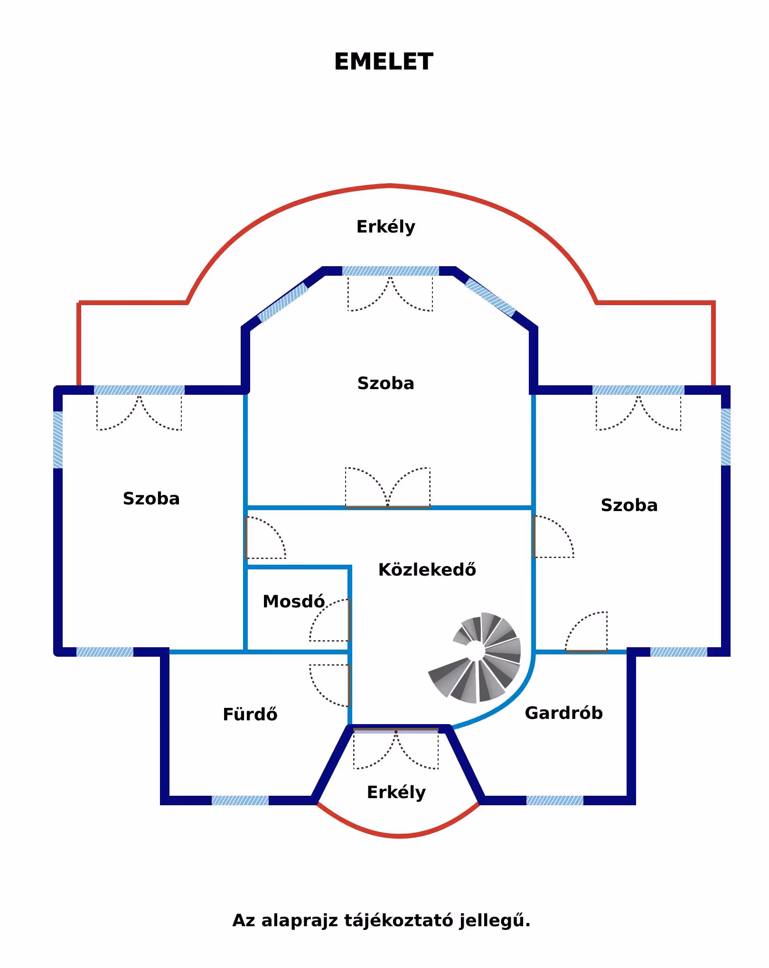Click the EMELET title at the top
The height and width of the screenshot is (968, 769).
tap(384, 62)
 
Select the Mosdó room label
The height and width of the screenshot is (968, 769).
tap(293, 601)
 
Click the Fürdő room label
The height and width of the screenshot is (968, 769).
tap(250, 714)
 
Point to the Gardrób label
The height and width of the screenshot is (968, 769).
tap(563, 713)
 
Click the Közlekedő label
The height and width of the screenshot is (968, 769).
tap(427, 569)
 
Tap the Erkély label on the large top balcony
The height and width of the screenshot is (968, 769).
tap(385, 226)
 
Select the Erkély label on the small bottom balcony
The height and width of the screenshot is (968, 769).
tap(396, 792)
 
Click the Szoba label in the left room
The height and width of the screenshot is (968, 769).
tap(151, 498)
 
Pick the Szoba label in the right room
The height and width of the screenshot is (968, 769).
tap(629, 505)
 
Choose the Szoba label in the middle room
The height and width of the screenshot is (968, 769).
tap(385, 383)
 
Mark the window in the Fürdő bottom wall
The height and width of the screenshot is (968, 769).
tap(240, 800)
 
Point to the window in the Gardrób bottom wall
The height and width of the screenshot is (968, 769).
tap(554, 800)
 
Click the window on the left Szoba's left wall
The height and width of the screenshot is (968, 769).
tap(58, 439)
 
